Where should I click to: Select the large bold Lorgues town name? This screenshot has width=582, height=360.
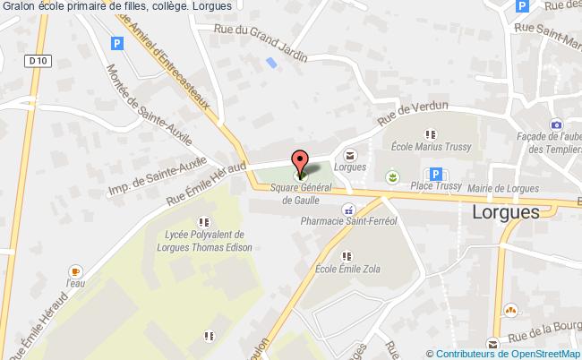pyautogui.click(x=505, y=212)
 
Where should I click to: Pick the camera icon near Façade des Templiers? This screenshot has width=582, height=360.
pyautogui.click(x=556, y=124)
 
